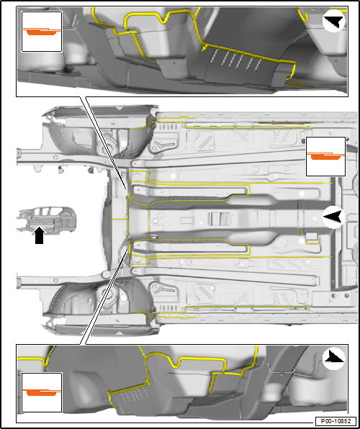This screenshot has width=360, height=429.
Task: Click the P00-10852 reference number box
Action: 336,421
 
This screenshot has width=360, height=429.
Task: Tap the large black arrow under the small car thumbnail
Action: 40,235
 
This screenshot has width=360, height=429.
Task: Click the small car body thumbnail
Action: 47,220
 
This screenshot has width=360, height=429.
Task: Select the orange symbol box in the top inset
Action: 42,32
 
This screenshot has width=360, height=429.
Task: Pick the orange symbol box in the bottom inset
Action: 42,392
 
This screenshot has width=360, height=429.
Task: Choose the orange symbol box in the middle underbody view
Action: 325,156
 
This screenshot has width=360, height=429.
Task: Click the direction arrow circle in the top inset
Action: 333,21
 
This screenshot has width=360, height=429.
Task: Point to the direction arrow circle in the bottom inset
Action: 333,359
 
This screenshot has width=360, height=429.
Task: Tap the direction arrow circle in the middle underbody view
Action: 333,217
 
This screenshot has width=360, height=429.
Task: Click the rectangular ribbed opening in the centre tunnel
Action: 220,219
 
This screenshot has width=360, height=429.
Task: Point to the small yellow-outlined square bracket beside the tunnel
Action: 311,238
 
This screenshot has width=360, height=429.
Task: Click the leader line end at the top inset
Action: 83,96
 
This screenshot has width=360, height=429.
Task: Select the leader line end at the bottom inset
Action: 83,344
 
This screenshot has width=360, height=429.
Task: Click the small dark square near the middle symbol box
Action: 303,141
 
